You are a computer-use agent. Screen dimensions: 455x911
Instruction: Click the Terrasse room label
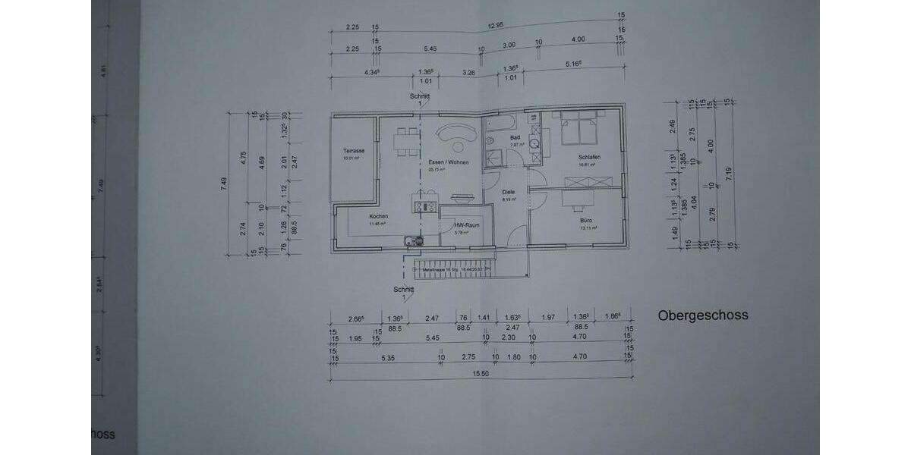point(354,151)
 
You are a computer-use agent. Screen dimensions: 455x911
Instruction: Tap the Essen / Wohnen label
point(448,163)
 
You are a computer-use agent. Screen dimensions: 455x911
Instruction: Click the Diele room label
point(509,192)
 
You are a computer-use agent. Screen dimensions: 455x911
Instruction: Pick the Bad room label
point(515,137)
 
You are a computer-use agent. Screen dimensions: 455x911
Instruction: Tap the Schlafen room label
point(589,157)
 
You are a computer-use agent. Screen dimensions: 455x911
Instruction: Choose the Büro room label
point(588,221)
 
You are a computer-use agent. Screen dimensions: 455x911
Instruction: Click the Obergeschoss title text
point(703,315)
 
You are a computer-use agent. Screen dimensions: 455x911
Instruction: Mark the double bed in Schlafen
point(578,128)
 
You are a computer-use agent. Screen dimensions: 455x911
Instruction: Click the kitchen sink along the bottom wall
point(415,241)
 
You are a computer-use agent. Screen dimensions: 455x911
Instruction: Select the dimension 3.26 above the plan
point(468,73)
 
